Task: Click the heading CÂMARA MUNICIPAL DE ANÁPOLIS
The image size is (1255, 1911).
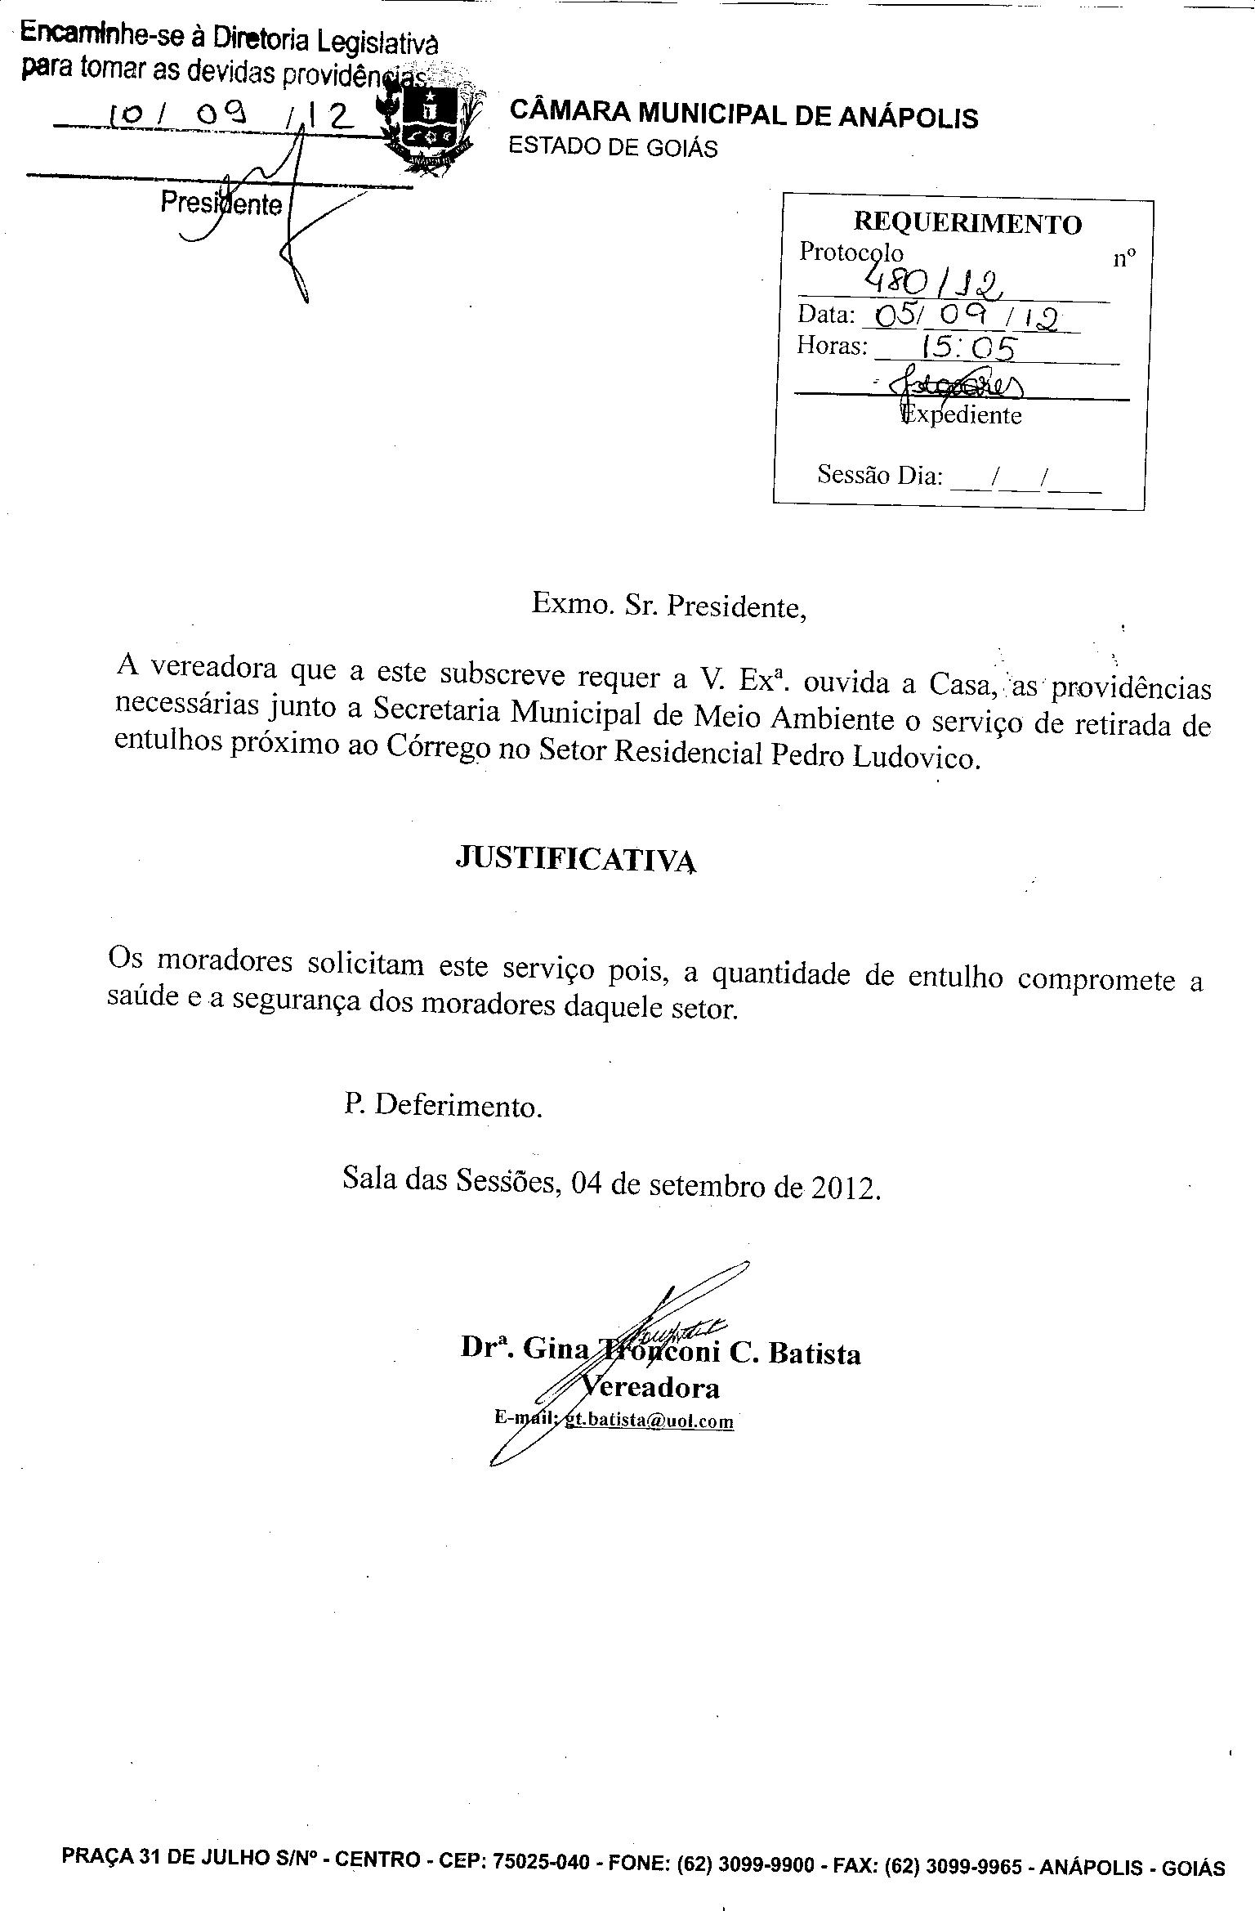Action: (x=743, y=115)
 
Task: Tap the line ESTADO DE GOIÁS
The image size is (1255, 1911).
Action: (x=613, y=147)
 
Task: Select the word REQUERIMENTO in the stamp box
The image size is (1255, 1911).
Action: (x=967, y=223)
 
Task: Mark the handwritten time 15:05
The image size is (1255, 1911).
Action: (x=967, y=349)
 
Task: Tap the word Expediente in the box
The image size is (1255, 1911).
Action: (x=962, y=415)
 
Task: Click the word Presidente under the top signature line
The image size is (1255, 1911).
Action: (x=221, y=202)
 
